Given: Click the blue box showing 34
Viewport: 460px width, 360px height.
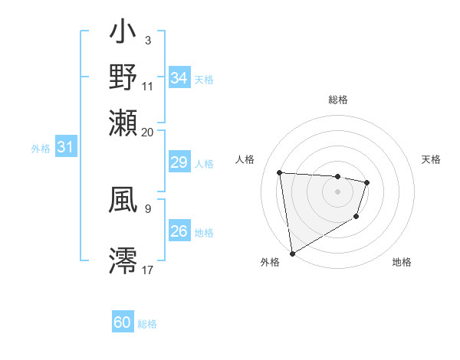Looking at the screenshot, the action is click(179, 78).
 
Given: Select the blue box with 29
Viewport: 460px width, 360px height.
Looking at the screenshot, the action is click(179, 162).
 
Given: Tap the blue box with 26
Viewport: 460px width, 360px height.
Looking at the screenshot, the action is click(179, 231).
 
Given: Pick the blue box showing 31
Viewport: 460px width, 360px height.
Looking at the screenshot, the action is click(65, 147).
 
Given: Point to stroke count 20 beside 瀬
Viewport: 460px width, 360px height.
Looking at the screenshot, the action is click(147, 132).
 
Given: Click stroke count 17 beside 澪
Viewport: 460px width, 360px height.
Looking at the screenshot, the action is click(147, 270).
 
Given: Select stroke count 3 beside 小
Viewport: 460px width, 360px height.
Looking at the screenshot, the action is click(147, 40).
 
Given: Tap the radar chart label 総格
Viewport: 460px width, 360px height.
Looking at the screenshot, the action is click(338, 100).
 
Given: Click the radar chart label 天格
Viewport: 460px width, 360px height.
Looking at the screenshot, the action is click(431, 159).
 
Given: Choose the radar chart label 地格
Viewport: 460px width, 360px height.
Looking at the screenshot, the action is click(402, 262).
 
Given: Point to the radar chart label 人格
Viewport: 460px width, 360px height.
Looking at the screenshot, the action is click(245, 159).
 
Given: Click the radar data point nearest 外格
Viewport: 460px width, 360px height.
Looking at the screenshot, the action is click(292, 254).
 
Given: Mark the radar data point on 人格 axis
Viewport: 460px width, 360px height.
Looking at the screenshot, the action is click(280, 173).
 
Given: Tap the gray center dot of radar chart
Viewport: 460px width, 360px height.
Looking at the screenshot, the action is click(337, 191).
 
